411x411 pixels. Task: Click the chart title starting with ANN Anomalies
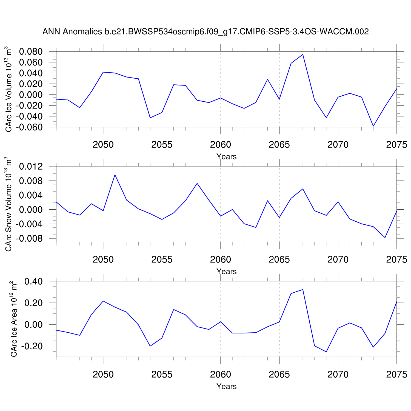(206, 32)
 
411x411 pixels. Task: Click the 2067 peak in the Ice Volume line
(303, 55)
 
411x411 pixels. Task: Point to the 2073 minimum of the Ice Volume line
(373, 126)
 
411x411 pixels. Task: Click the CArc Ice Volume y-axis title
(9, 89)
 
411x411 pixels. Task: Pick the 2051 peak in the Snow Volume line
(115, 175)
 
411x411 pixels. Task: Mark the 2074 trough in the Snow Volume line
(385, 237)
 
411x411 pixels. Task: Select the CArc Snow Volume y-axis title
(9, 204)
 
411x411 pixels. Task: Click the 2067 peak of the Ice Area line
(303, 289)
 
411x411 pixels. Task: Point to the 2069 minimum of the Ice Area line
(326, 352)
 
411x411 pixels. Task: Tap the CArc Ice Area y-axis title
(14, 319)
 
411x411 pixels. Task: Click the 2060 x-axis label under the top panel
(221, 145)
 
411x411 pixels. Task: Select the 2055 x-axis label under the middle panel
(162, 259)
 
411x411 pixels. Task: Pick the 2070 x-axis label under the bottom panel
(338, 374)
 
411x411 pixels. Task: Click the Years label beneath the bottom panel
(226, 386)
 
